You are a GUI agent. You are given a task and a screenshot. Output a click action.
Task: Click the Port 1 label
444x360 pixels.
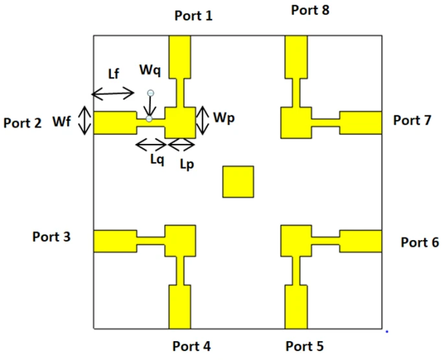(193, 16)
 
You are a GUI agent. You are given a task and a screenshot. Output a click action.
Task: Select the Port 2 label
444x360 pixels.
(23, 123)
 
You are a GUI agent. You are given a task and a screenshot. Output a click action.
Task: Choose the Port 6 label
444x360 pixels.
(419, 243)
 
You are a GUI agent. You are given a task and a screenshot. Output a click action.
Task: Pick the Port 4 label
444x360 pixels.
(191, 346)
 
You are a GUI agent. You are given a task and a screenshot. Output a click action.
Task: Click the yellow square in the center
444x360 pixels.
(238, 182)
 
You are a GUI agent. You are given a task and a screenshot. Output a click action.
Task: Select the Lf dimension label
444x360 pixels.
(113, 73)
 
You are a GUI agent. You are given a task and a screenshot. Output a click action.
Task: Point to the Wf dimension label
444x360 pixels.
(62, 121)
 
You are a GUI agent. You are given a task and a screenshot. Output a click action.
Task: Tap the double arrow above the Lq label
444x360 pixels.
(150, 144)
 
